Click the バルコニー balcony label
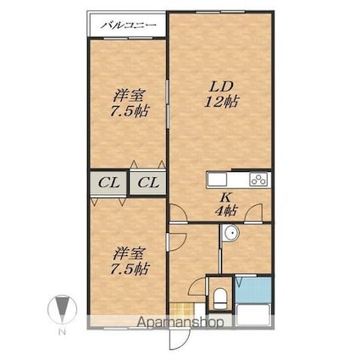pyautogui.click(x=128, y=25)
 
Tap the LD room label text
pyautogui.click(x=221, y=86)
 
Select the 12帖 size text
pyautogui.click(x=222, y=102)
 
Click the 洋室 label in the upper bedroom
pyautogui.click(x=130, y=96)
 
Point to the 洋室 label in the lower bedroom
pyautogui.click(x=130, y=253)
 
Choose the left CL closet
pyautogui.click(x=108, y=183)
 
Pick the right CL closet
pyautogui.click(x=148, y=183)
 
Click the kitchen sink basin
pyautogui.click(x=217, y=180)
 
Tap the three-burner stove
pyautogui.click(x=258, y=180)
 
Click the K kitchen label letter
pyautogui.click(x=226, y=197)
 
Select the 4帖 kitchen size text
pyautogui.click(x=226, y=210)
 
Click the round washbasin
pyautogui.click(x=230, y=233)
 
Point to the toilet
pyautogui.click(x=220, y=298)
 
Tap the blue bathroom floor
pyautogui.click(x=253, y=290)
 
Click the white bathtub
pyautogui.click(x=253, y=315)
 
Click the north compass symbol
pyautogui.click(x=62, y=309)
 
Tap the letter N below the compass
pyautogui.click(x=62, y=332)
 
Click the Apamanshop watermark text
pyautogui.click(x=180, y=323)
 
